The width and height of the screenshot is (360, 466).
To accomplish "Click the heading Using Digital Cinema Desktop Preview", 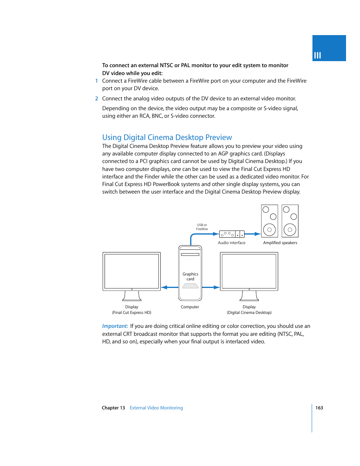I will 167,137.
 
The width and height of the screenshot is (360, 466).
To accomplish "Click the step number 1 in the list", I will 97,81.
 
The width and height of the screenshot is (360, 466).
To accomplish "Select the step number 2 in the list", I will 97,98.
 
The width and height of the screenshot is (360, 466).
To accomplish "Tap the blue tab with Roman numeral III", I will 329,48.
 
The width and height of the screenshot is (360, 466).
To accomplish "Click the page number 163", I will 319,408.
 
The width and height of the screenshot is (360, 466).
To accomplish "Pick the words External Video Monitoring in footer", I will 156,408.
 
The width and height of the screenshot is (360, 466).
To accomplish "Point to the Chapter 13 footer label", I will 113,408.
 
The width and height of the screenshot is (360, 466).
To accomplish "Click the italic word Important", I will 115,326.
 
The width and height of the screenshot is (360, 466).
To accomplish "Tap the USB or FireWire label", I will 202,227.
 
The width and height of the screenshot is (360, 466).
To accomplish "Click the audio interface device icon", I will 232,234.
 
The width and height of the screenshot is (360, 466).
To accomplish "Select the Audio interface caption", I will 232,243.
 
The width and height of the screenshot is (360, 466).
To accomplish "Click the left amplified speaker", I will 269,221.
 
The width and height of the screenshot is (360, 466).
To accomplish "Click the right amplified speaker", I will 290,221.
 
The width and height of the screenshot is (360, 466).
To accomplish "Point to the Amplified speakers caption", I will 280,243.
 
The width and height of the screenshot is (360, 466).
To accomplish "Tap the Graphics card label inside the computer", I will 190,277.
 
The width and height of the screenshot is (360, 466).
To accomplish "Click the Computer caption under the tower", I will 190,307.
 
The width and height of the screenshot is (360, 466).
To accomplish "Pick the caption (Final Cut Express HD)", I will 131,313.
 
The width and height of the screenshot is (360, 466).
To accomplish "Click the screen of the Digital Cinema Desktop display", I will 249,271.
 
